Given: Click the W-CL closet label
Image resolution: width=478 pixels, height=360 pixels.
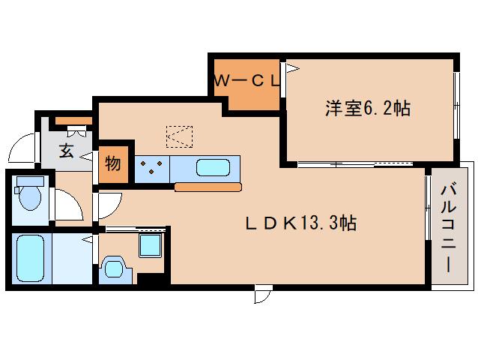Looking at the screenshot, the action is click(x=247, y=81).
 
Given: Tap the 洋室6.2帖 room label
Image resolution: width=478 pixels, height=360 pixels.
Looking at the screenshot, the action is click(x=368, y=108).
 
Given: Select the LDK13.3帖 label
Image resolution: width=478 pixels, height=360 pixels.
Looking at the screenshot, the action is click(x=301, y=223).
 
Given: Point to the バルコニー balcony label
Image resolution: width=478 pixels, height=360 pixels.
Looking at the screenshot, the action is click(x=449, y=226).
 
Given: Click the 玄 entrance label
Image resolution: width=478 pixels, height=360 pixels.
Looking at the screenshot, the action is click(x=67, y=151).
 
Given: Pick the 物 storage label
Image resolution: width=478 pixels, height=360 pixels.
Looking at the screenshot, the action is click(x=113, y=163).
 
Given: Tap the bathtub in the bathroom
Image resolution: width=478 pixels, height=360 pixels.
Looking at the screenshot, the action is click(x=30, y=258).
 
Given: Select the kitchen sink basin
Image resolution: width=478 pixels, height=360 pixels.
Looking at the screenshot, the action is click(x=213, y=167).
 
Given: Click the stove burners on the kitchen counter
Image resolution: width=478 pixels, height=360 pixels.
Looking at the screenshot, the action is click(x=151, y=167).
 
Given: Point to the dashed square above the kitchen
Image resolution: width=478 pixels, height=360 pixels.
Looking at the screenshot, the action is click(x=179, y=136).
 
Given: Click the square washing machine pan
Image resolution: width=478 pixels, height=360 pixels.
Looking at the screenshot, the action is click(x=150, y=245).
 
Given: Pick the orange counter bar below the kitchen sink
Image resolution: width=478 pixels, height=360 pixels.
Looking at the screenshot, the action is click(x=208, y=187).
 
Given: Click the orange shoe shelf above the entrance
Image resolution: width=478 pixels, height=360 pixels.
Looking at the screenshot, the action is click(x=73, y=121).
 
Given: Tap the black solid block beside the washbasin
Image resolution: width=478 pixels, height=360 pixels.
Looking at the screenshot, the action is click(x=151, y=279).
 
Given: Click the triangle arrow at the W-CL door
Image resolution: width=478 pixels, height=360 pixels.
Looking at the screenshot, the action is click(x=293, y=68).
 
